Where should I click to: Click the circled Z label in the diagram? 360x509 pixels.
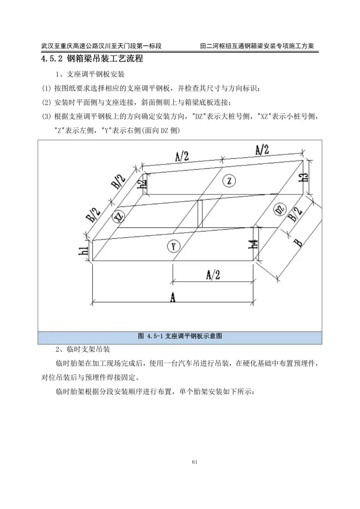pos(229,181)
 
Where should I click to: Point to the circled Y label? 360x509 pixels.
pos(173,247)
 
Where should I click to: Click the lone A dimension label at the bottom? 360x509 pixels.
pos(173,297)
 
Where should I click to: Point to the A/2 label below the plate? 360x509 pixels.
pos(213,275)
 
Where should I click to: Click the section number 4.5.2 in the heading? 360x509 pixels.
pos(52,59)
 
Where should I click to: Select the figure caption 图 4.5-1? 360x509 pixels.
pos(180,336)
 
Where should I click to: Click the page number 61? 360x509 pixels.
pos(195,462)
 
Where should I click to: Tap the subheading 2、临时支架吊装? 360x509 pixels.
pos(83,349)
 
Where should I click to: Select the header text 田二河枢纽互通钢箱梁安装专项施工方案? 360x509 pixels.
pos(257,46)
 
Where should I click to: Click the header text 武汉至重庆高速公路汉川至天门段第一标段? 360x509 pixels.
pos(101,46)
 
